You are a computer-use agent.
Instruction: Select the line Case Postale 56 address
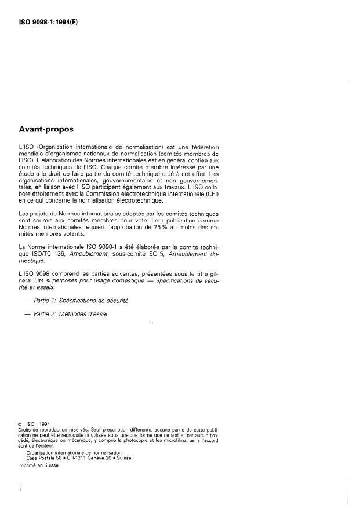(75, 458)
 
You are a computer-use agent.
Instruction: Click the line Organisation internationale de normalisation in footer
(70, 452)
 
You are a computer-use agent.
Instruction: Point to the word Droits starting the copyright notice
(26, 430)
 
